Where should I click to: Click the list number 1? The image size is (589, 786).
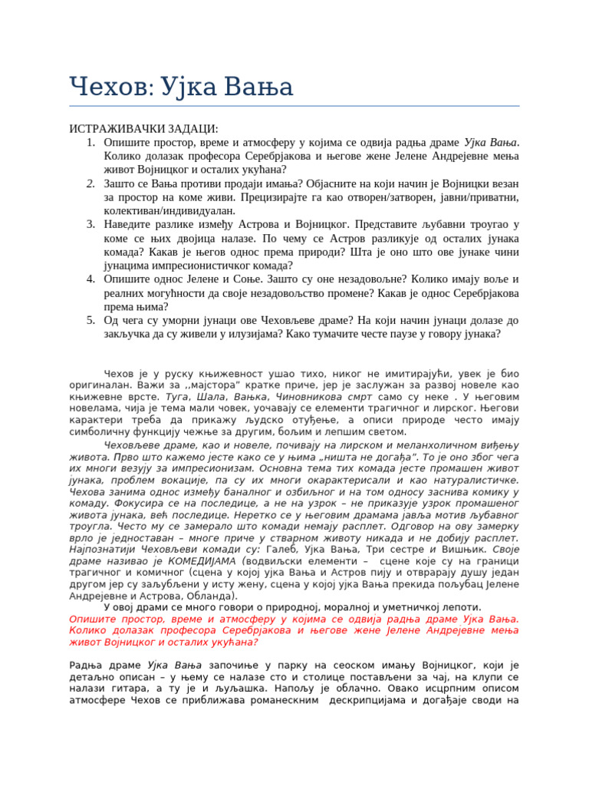click(90, 143)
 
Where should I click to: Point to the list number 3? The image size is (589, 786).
click(90, 224)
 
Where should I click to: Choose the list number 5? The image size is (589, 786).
click(90, 319)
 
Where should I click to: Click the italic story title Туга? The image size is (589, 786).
click(176, 397)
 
